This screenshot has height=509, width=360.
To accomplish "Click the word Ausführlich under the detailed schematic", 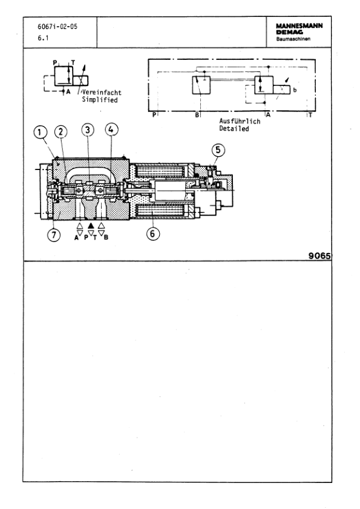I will [x=240, y=120].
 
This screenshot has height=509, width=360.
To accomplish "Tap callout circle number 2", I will [x=61, y=131].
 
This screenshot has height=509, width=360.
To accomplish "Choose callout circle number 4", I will [x=111, y=129].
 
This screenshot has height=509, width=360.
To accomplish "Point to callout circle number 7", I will [x=54, y=235].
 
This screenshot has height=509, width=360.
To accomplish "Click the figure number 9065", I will [x=318, y=255].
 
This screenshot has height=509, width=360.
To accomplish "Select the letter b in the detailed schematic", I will [x=295, y=90].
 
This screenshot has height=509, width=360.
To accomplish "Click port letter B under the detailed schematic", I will [x=197, y=114].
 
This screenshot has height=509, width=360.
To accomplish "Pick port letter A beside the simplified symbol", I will [x=68, y=91].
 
